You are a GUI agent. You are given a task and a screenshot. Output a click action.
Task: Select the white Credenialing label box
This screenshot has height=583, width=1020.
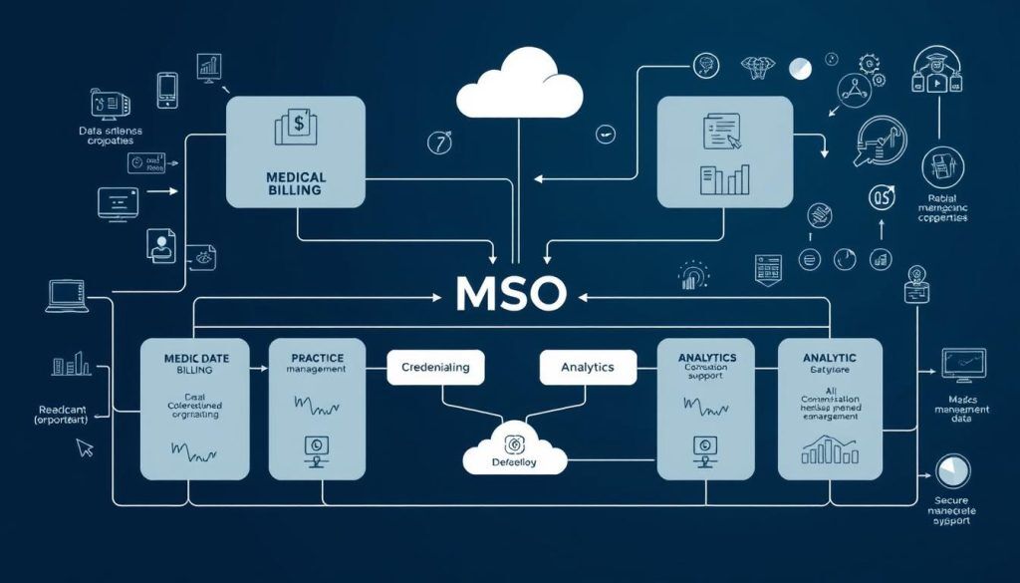point(434,367)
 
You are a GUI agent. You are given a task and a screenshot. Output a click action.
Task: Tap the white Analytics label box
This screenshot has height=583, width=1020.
point(588,367)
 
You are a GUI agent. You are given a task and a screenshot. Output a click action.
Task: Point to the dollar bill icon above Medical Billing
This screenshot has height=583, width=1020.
point(295,128)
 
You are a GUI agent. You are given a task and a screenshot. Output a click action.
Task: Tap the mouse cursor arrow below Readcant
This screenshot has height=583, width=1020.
point(85,448)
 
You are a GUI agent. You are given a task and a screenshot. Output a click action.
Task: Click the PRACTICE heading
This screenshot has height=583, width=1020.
point(318,357)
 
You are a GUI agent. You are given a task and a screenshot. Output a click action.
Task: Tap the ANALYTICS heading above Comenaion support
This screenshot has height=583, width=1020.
point(706,357)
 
